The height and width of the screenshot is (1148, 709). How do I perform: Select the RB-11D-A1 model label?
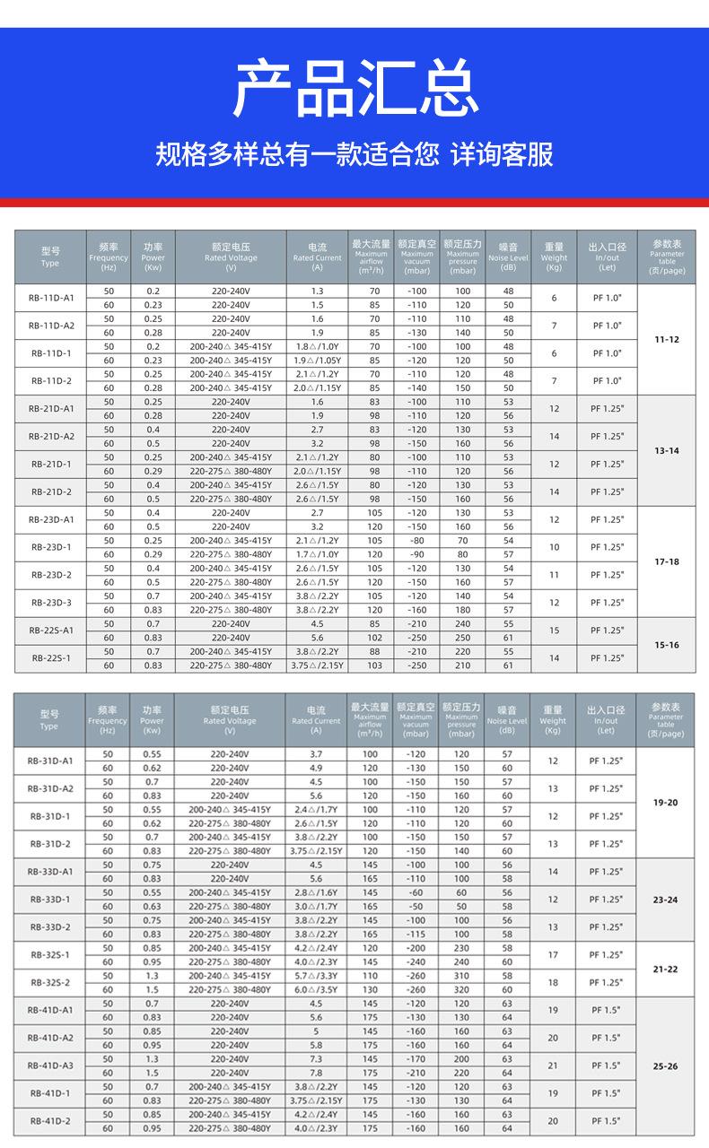click(x=51, y=298)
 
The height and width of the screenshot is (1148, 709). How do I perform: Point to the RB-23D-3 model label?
click(x=51, y=603)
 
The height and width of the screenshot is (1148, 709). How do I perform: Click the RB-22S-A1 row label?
click(x=51, y=631)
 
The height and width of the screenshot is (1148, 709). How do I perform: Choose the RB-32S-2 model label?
click(x=51, y=982)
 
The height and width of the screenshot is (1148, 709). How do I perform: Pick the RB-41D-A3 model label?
click(x=51, y=1065)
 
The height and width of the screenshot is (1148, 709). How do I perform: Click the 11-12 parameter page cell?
click(x=666, y=339)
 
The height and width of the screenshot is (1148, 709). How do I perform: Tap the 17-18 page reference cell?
click(x=666, y=561)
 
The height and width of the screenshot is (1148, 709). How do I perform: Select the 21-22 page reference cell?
click(x=666, y=969)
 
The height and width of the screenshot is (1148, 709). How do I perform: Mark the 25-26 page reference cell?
click(x=666, y=1065)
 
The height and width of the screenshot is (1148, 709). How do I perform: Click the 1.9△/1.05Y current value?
click(x=317, y=360)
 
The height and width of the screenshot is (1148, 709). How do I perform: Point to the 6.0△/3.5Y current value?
click(x=317, y=989)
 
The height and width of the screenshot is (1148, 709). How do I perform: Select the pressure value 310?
click(x=461, y=975)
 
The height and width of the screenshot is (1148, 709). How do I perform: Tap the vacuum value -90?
click(x=416, y=554)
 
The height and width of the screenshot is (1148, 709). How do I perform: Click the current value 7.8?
click(x=316, y=1073)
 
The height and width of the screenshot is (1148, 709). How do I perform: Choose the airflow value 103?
click(x=373, y=665)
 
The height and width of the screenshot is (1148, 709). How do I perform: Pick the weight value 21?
click(x=553, y=1065)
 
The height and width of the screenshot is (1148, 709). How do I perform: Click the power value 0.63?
click(x=152, y=906)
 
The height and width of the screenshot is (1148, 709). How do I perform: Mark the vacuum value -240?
click(x=416, y=961)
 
